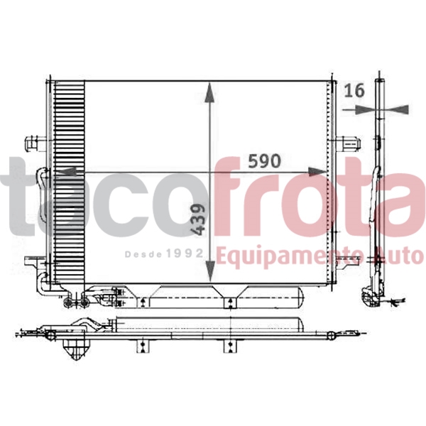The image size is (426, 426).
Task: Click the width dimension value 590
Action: point(263,161)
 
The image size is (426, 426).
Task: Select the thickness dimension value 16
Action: point(354,90)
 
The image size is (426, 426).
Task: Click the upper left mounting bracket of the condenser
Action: point(32,142)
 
